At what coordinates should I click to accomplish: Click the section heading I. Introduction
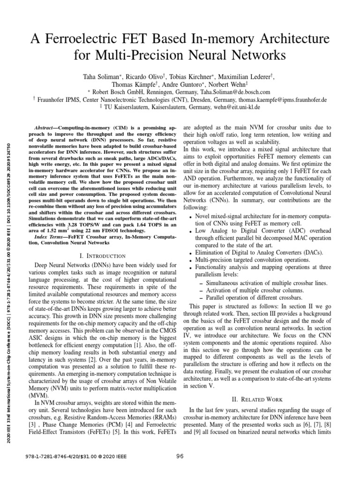pos(103,256)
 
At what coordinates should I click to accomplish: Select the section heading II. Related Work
pos(257,399)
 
